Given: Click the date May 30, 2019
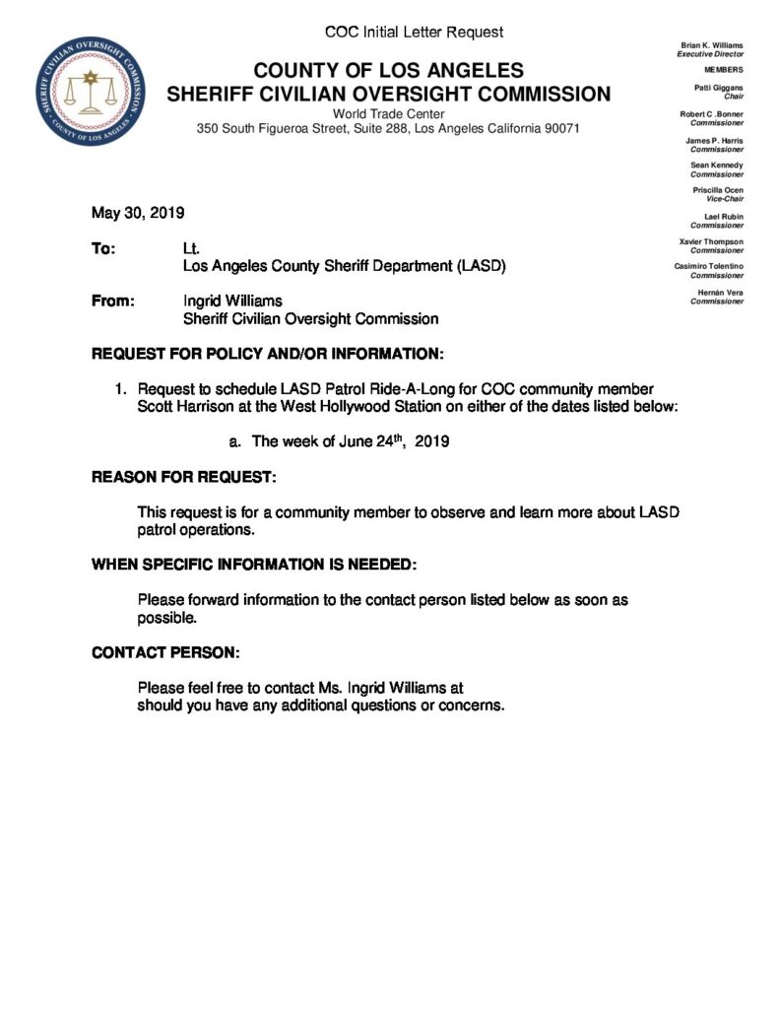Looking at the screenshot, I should click(138, 213).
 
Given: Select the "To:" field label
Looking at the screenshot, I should click(103, 250).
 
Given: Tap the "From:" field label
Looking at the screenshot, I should click(112, 302).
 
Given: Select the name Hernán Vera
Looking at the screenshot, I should click(722, 293).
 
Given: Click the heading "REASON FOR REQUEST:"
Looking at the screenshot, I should click(184, 477).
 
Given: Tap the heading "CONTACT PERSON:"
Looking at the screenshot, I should click(165, 652).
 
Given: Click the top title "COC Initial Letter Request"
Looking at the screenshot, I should click(414, 33).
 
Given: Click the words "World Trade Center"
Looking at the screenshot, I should click(389, 113).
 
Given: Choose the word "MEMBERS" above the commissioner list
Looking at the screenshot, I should click(724, 71).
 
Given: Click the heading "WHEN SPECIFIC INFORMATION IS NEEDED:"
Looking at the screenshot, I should click(254, 565).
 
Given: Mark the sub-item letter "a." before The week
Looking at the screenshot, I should click(235, 442).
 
